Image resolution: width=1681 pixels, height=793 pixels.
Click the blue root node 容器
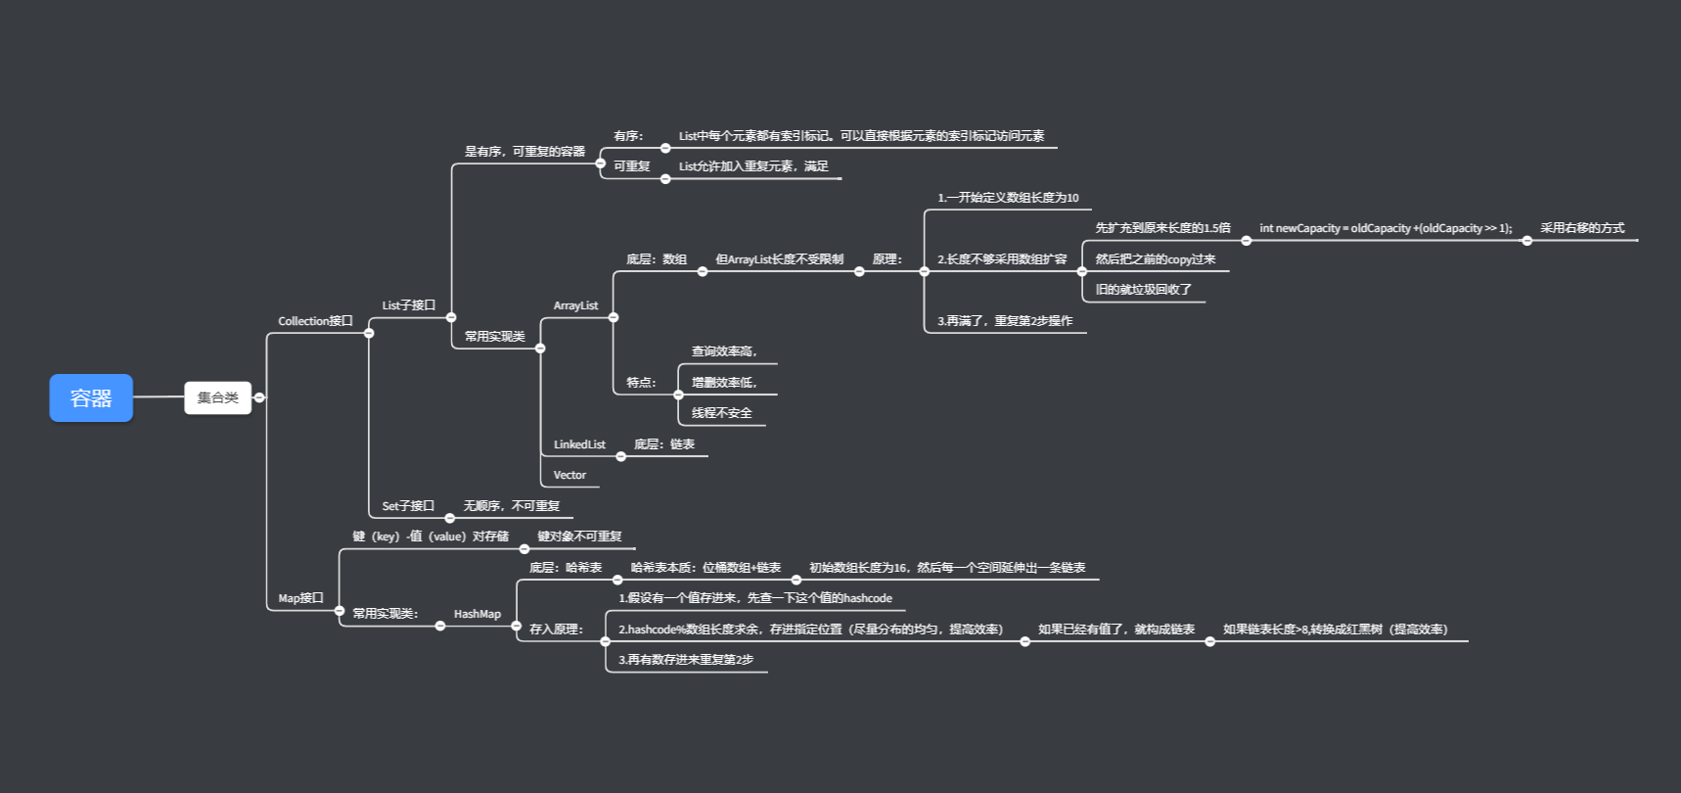(x=91, y=398)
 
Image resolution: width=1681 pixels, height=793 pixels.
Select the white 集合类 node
(x=217, y=397)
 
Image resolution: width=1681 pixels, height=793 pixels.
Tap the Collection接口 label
(x=315, y=321)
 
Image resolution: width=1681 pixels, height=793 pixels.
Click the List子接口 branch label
(x=408, y=305)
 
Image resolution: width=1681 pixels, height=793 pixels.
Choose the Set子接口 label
(x=407, y=506)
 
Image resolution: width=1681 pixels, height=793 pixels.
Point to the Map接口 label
(x=300, y=598)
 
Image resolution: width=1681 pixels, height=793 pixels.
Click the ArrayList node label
(x=575, y=305)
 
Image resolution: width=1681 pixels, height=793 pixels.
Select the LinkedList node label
(x=579, y=444)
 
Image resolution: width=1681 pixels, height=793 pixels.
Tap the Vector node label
(x=569, y=475)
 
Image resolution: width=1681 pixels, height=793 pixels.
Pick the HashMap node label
(x=477, y=614)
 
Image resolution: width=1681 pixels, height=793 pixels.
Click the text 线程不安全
(x=722, y=413)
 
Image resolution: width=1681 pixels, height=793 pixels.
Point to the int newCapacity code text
(x=1385, y=228)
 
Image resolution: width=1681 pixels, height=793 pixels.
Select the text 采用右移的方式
(x=1582, y=228)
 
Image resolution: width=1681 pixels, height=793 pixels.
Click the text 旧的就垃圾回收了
(x=1143, y=290)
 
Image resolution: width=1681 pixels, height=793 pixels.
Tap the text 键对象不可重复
(x=579, y=536)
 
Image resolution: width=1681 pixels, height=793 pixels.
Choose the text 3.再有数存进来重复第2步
(x=686, y=660)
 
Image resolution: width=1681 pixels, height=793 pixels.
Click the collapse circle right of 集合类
(x=259, y=397)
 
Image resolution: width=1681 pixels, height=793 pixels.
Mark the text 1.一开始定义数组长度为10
(x=1008, y=198)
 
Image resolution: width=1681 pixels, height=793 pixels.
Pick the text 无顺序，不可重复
(x=512, y=506)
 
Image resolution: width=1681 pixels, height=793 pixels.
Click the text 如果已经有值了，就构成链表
(x=1115, y=630)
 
